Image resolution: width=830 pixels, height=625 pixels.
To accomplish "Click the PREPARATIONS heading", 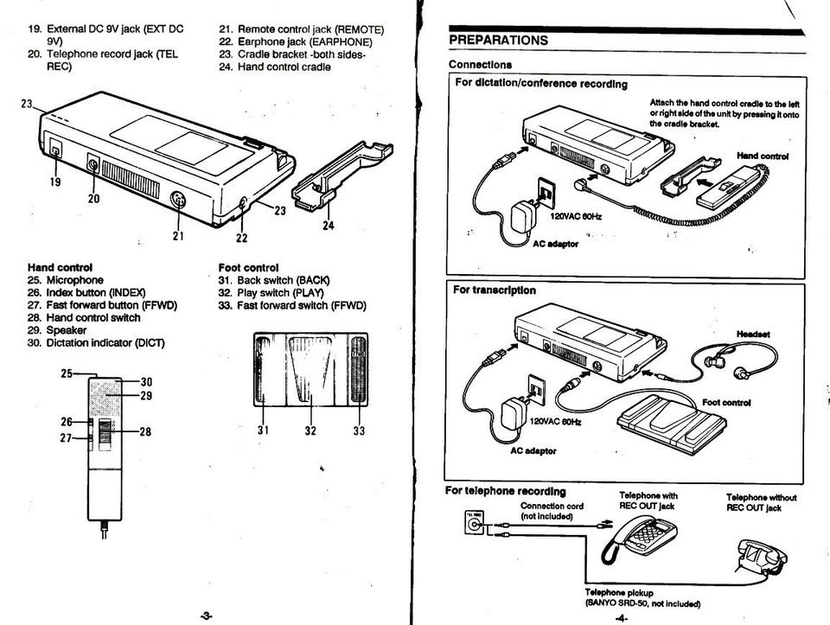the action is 498,41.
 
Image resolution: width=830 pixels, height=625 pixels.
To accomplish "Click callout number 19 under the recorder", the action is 55,182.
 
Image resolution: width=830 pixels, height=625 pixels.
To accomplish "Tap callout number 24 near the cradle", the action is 329,226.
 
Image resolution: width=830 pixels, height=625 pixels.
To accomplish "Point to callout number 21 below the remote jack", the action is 178,235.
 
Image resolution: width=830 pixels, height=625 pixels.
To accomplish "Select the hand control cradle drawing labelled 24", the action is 342,175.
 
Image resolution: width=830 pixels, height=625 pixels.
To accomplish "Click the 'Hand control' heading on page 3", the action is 60,268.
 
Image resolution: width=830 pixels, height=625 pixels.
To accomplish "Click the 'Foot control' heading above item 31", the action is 248,268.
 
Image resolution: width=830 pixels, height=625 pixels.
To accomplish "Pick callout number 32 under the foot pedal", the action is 310,430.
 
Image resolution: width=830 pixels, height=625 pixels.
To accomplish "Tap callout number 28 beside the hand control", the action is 145,432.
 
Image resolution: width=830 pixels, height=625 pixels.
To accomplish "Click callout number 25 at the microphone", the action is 67,373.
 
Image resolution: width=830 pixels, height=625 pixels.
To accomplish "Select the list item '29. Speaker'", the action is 57,330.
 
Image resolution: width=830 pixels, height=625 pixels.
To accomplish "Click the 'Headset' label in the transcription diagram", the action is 753,334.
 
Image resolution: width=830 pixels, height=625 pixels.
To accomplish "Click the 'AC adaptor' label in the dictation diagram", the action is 555,244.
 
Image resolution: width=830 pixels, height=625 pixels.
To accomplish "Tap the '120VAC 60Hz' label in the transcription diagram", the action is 555,422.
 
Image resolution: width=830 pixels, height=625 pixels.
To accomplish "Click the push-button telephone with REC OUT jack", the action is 640,539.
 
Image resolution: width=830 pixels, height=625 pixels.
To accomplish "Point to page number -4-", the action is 622,617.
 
